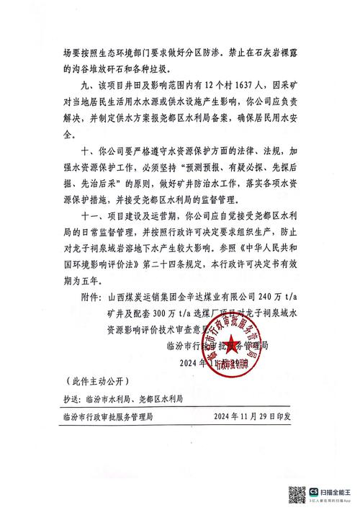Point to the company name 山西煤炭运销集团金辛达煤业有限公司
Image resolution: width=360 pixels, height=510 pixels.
pos(176,295)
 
